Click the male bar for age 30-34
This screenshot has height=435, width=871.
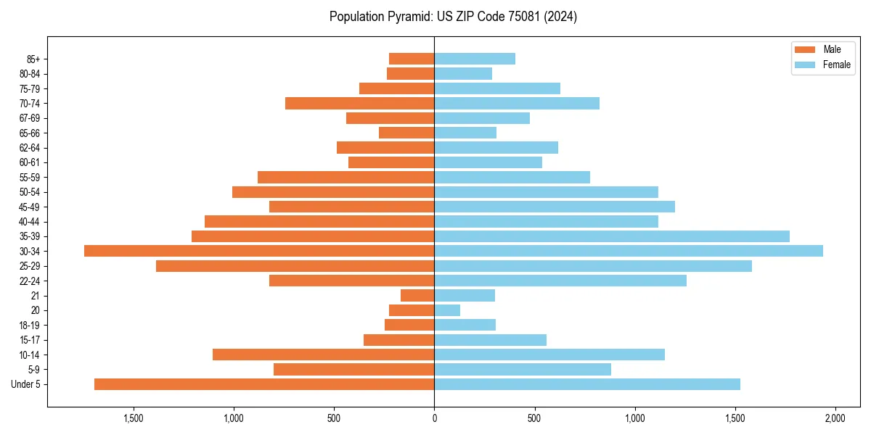click(x=259, y=251)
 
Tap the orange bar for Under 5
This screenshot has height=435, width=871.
click(x=264, y=384)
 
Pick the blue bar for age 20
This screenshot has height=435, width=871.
click(x=447, y=310)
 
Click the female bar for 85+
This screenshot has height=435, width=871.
click(x=475, y=59)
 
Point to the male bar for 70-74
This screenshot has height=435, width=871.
click(x=359, y=103)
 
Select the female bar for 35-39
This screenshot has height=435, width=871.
click(x=612, y=236)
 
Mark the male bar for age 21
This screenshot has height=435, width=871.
click(x=417, y=295)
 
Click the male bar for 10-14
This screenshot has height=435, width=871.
click(x=323, y=355)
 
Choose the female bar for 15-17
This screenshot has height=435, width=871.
click(x=490, y=339)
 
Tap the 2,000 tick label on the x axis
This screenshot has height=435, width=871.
click(x=835, y=418)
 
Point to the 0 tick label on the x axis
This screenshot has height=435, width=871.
click(x=434, y=418)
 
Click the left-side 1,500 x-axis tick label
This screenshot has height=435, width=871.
click(x=134, y=418)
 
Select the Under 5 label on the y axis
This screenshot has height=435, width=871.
click(x=25, y=384)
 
